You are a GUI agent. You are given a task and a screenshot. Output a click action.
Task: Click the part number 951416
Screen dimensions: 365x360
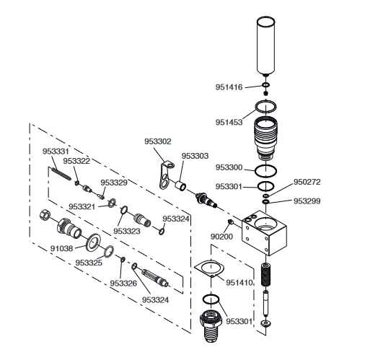229,87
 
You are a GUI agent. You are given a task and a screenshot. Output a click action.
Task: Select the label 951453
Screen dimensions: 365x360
229,122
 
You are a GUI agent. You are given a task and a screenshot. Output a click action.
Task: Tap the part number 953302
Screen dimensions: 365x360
158,141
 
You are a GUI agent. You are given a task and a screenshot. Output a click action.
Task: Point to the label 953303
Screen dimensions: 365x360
195,156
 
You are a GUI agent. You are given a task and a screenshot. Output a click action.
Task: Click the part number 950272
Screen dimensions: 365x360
307,182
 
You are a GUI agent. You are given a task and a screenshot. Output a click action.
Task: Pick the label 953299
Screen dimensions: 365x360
307,201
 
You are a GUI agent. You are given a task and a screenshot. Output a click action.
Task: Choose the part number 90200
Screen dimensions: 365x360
221,237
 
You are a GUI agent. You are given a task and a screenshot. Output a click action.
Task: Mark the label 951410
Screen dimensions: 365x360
239,283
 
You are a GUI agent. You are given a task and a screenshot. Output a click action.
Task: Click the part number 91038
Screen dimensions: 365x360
61,248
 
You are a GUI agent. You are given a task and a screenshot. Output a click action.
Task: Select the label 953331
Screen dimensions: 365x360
56,152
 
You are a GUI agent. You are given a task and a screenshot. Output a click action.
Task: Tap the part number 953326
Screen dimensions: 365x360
123,284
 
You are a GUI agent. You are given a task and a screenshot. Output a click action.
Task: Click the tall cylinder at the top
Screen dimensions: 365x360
265,45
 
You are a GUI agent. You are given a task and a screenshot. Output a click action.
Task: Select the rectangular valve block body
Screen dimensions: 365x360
264,232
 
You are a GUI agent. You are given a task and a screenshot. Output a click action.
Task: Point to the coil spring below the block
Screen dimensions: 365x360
265,275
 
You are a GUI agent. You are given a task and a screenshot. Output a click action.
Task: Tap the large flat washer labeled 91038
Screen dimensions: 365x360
93,242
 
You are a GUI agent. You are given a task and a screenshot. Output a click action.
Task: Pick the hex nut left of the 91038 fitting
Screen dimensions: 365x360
45,214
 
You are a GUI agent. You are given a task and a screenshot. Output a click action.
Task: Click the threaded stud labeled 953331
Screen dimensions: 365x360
61,173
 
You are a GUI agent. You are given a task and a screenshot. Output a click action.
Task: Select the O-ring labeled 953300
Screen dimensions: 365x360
265,171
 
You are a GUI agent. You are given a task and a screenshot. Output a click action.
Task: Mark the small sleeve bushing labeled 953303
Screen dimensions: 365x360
181,185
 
